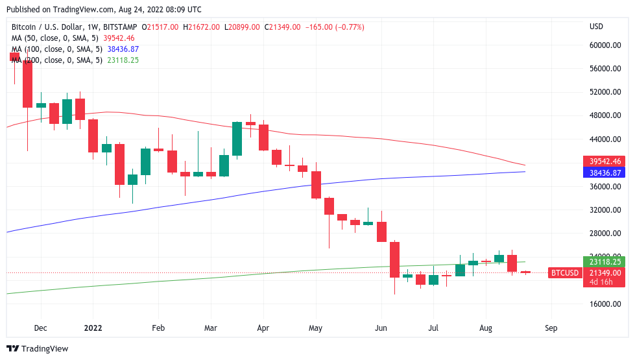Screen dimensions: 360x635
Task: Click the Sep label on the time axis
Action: (x=551, y=328)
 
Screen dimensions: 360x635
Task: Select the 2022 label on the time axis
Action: (x=93, y=328)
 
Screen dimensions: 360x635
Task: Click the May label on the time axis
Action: (x=315, y=328)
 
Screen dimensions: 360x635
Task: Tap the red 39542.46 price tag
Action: (x=605, y=161)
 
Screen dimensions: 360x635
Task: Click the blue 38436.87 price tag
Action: (x=605, y=173)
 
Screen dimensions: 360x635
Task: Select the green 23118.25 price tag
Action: (x=605, y=262)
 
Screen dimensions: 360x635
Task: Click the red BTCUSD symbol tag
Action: (x=564, y=273)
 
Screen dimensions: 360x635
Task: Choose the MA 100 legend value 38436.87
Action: (x=123, y=49)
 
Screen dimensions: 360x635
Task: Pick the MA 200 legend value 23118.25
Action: (x=123, y=60)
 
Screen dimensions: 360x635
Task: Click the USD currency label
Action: (x=596, y=27)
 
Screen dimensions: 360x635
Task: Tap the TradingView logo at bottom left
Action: (x=38, y=349)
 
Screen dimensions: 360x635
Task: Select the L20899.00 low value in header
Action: (x=242, y=27)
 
